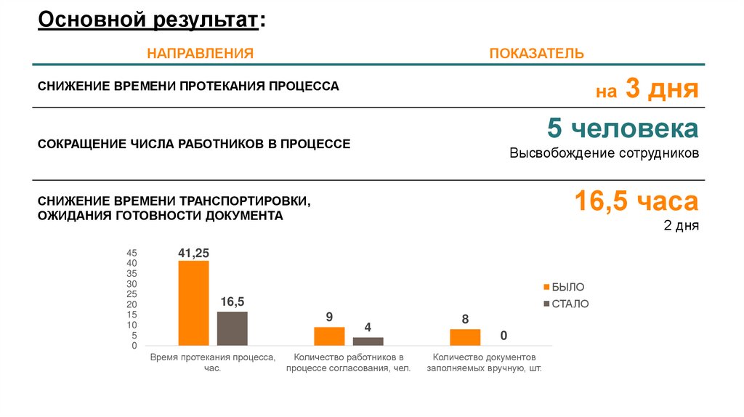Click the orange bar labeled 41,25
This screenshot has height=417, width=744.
coord(193,302)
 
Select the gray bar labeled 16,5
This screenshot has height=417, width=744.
coord(232,328)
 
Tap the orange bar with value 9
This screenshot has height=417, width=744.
coord(329,336)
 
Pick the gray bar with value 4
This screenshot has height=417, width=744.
coord(368,341)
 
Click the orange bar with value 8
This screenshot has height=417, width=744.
coord(465,337)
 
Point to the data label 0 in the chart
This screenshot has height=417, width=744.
coord(503,336)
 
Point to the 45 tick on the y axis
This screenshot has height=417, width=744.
coord(132,253)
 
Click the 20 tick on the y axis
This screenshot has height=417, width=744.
coord(132,304)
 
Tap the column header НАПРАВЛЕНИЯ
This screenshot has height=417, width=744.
coord(201,54)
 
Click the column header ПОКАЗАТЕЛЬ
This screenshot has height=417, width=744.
coord(536,54)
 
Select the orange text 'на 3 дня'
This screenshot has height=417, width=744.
coord(647,90)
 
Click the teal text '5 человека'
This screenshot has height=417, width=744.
coord(623,129)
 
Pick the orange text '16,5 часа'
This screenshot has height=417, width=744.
coord(636,201)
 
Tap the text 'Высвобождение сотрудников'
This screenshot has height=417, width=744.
coord(604,154)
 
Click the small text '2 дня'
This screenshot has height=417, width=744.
coord(681,225)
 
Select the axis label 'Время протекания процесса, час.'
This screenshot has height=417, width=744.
coord(212,363)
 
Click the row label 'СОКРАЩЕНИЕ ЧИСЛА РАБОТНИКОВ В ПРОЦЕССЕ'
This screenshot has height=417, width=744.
coord(194,144)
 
